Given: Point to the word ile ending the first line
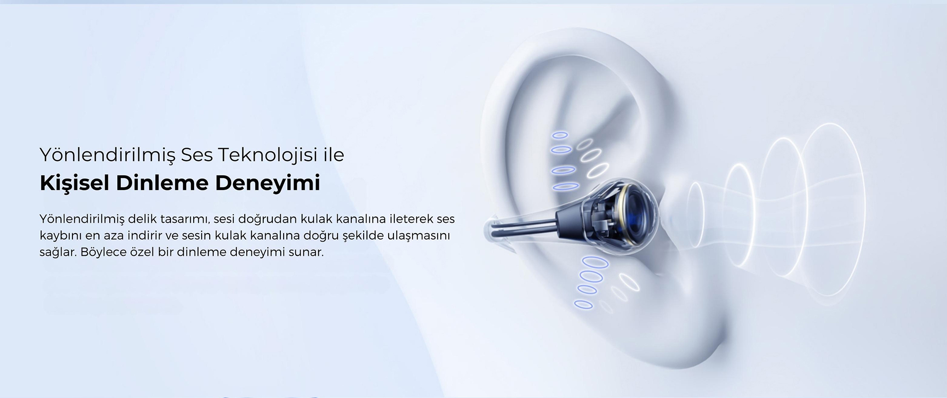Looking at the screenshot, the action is coord(333,155).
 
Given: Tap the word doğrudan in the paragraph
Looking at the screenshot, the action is coord(268,220).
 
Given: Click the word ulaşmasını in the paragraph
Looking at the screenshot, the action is coord(419,236).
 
